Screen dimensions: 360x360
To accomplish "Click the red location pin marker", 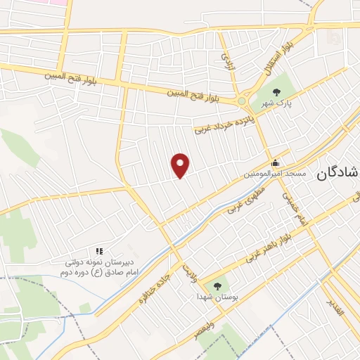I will point(181,165).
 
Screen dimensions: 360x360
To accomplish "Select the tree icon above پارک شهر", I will point(276,92).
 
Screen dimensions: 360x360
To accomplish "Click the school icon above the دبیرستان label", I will point(99,250).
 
